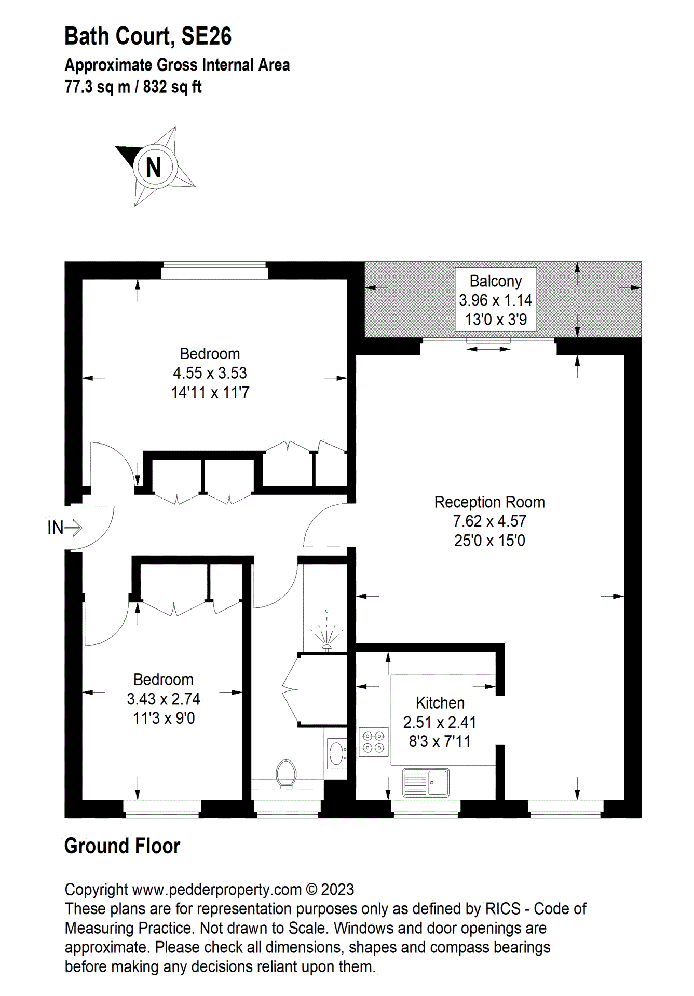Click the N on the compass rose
pyautogui.click(x=154, y=167)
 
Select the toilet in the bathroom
pyautogui.click(x=286, y=773)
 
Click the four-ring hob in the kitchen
pyautogui.click(x=374, y=742)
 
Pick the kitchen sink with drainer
pyautogui.click(x=426, y=783)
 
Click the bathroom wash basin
pyautogui.click(x=337, y=753)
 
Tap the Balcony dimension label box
pyautogui.click(x=496, y=300)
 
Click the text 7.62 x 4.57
pyautogui.click(x=489, y=521)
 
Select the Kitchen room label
pyautogui.click(x=440, y=703)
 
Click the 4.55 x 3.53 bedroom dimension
pyautogui.click(x=210, y=373)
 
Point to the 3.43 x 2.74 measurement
pyautogui.click(x=164, y=699)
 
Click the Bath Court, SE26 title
pyautogui.click(x=148, y=36)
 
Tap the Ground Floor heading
pyautogui.click(x=122, y=846)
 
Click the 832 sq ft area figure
pyautogui.click(x=172, y=87)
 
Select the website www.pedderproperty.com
pyautogui.click(x=217, y=889)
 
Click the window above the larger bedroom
pyautogui.click(x=214, y=270)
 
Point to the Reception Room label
pyautogui.click(x=489, y=502)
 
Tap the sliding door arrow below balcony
pyautogui.click(x=488, y=349)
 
